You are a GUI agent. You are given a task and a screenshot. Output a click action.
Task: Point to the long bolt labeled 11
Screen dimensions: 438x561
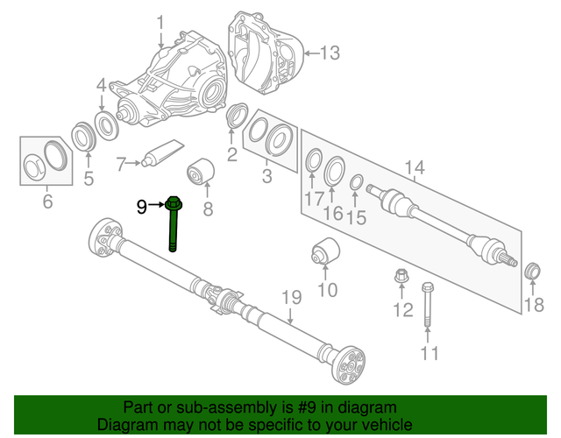click(427, 307)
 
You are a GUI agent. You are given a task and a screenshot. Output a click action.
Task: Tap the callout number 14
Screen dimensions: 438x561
click(414, 167)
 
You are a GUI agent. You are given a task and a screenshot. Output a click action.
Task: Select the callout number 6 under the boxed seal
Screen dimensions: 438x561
click(47, 202)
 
